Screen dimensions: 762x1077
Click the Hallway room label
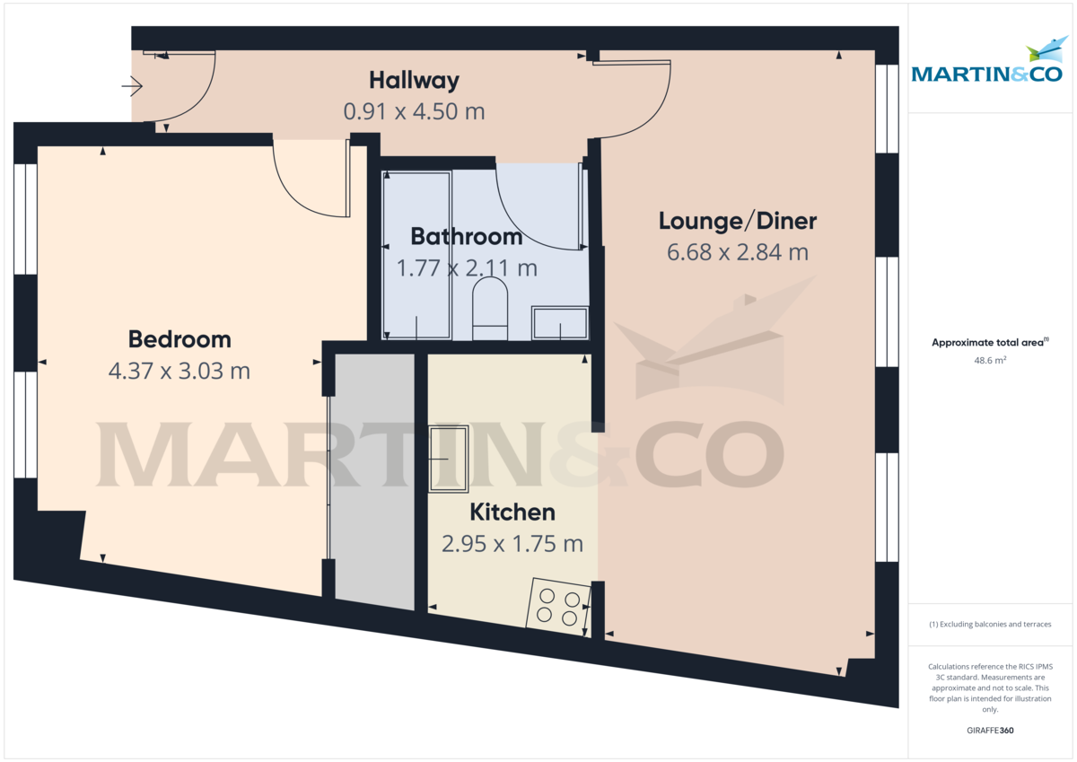click(414, 81)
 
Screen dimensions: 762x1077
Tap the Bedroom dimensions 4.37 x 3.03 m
click(179, 371)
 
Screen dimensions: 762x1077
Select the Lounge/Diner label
click(738, 221)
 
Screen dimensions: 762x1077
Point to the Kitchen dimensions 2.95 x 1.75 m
click(512, 544)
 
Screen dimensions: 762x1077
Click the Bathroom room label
click(466, 237)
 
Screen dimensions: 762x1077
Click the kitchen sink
click(449, 459)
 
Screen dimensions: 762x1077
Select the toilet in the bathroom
click(490, 308)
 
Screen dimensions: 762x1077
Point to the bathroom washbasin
click(560, 323)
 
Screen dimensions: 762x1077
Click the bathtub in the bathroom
click(417, 255)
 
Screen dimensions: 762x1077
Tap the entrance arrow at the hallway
click(132, 86)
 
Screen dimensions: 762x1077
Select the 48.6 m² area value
click(990, 361)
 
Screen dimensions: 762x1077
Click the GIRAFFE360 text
click(990, 731)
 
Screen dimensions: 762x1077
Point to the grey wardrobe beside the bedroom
click(374, 480)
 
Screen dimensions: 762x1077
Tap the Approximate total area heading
click(990, 342)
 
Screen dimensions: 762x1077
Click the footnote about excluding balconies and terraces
click(990, 624)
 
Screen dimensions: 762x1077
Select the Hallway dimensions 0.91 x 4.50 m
click(414, 111)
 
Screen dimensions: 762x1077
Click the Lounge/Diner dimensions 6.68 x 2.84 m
click(738, 252)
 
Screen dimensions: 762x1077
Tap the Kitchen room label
click(512, 512)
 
